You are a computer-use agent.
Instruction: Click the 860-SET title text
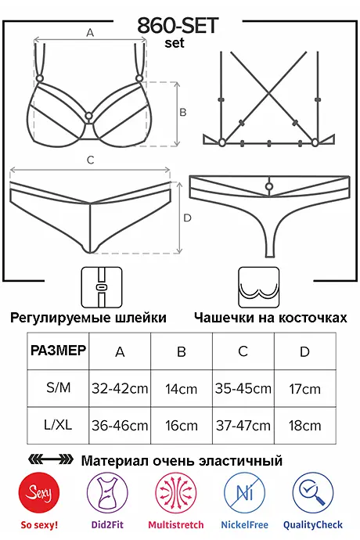178,26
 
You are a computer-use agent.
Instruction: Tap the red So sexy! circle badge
39,493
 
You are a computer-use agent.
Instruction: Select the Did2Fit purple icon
107,493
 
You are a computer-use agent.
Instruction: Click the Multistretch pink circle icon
175,493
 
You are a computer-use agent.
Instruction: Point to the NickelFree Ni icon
244,493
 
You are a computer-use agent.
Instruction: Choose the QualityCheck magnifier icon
313,493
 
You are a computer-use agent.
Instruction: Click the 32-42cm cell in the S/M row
120,389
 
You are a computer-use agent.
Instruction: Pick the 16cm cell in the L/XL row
182,426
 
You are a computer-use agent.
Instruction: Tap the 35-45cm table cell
243,389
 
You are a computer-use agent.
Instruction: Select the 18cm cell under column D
305,426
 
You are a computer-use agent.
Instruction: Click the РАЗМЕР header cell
58,351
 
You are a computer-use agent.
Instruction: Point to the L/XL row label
58,425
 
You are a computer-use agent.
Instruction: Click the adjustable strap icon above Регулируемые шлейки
102,287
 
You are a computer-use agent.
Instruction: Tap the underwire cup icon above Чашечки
259,287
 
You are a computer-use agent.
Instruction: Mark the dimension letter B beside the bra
183,112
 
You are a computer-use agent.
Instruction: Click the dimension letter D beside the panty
187,218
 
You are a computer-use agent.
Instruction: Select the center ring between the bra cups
88,116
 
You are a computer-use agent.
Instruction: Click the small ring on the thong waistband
269,187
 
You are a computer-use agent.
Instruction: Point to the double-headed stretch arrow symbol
50,459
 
